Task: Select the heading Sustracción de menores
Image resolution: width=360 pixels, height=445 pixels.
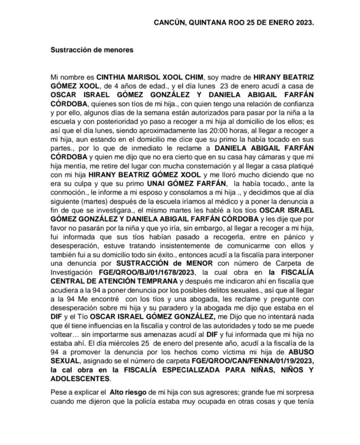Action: tap(92, 50)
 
